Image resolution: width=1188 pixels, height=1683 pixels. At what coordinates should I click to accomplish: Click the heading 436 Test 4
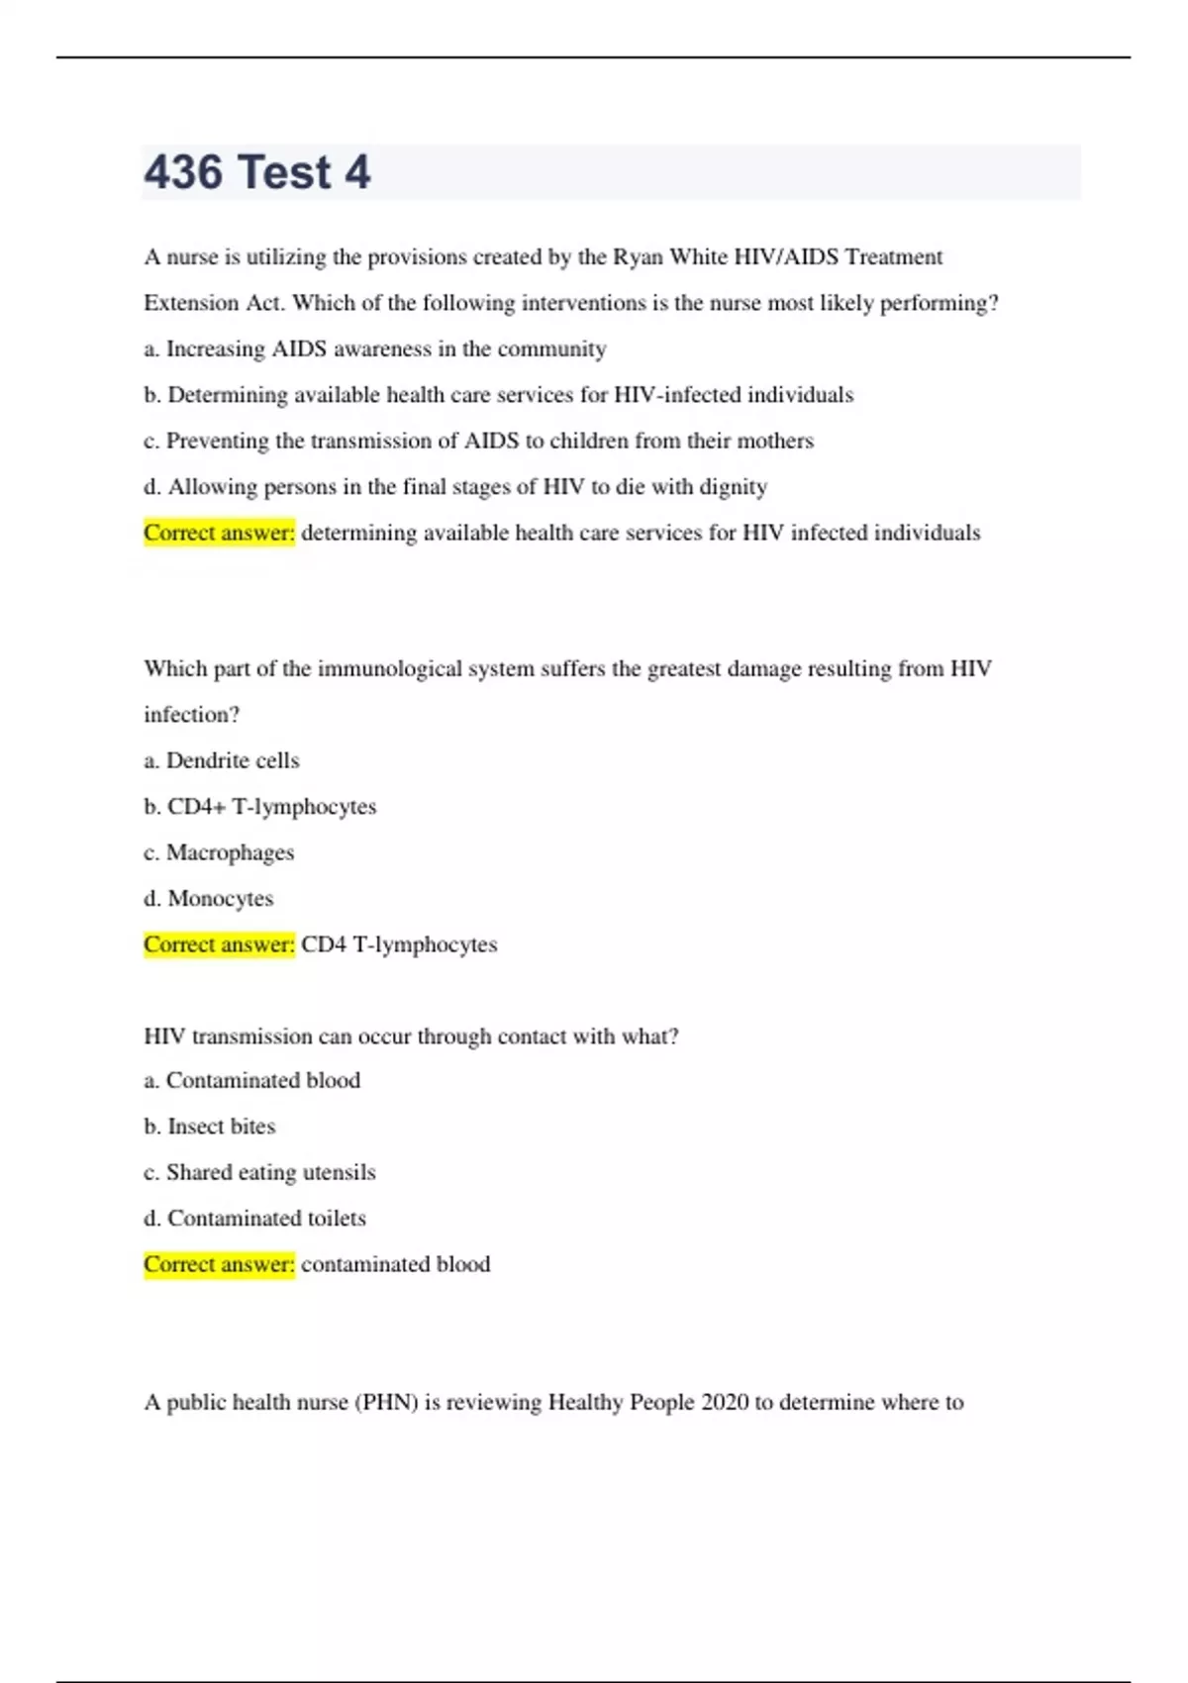(257, 172)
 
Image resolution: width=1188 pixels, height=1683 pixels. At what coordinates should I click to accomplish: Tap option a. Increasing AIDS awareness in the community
(375, 349)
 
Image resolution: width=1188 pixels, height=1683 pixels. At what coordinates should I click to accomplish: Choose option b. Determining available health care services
(498, 395)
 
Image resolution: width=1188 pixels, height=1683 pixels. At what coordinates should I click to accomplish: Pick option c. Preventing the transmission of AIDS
(478, 441)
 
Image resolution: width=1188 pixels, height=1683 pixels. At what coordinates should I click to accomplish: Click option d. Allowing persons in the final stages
(455, 487)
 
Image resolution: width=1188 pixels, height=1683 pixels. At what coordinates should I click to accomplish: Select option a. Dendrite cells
(222, 760)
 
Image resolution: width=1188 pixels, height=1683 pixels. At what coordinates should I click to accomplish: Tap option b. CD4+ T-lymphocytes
(260, 807)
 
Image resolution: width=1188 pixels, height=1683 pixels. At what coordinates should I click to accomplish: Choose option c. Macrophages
(219, 852)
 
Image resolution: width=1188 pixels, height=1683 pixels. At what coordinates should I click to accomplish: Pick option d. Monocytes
(209, 899)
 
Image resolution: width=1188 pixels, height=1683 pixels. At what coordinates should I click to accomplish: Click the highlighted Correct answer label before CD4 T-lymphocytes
(219, 944)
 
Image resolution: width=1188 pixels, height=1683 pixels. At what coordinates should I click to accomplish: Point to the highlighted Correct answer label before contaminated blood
(219, 1264)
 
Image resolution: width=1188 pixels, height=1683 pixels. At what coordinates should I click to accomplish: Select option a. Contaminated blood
(252, 1080)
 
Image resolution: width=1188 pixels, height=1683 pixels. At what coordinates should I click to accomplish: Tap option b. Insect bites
(210, 1127)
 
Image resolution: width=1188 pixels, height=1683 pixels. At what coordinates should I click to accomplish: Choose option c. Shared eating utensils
(259, 1172)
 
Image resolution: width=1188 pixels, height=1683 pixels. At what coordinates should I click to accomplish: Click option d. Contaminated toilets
(254, 1219)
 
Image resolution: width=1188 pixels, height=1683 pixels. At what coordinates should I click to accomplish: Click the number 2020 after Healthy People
(725, 1403)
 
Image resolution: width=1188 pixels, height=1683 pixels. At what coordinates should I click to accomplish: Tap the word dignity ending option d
(734, 487)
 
